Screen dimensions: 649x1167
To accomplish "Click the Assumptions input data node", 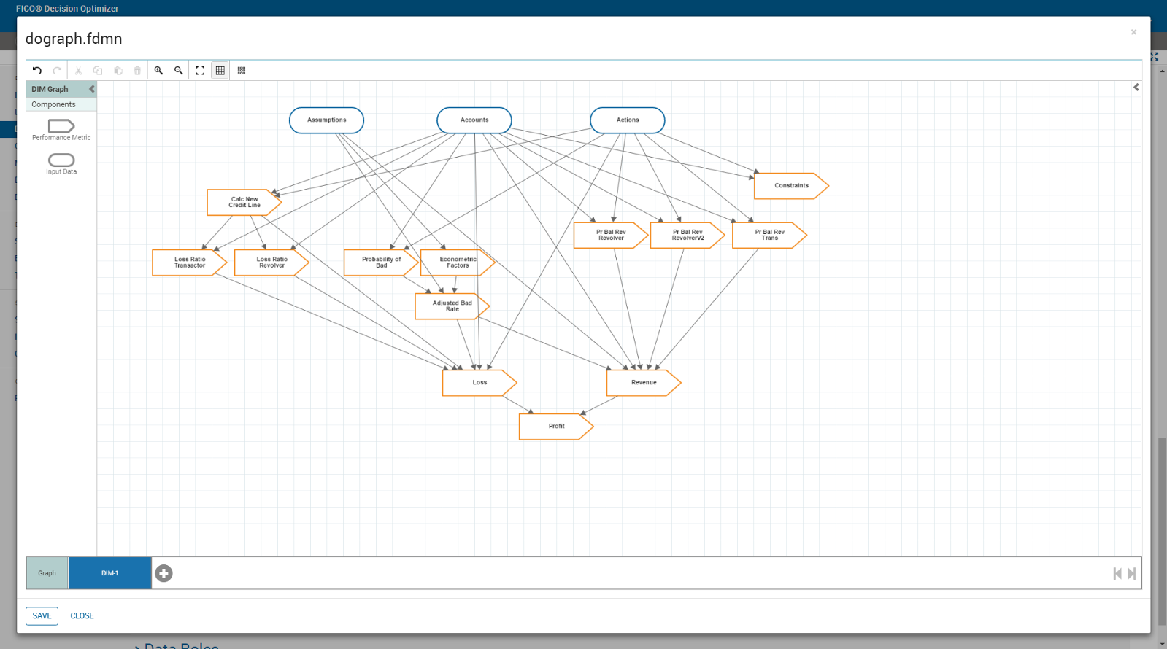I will point(326,120).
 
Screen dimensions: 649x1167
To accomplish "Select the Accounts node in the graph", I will point(474,120).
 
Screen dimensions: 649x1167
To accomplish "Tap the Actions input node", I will point(628,120).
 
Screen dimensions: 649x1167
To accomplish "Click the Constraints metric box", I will point(790,186).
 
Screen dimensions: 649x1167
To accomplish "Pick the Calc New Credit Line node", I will point(244,202).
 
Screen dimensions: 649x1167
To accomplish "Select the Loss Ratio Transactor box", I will point(189,263).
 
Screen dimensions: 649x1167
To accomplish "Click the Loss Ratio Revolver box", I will point(271,263).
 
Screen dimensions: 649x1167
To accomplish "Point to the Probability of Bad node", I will point(380,263).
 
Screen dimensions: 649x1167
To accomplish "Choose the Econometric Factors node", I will point(457,263).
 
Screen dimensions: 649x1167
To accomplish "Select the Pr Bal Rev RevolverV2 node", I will point(687,236).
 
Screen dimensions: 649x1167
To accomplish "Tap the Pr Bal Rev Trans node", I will point(769,236).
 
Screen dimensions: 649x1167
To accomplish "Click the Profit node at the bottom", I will point(555,427).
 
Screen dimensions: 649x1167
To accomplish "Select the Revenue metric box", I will point(643,383).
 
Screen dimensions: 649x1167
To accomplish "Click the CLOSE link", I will point(82,615).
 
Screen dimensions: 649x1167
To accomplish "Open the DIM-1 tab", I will point(110,573).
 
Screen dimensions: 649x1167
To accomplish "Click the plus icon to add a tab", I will point(164,574).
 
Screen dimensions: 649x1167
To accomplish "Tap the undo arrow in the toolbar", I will point(37,71).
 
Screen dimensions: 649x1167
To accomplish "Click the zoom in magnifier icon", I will point(158,71).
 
